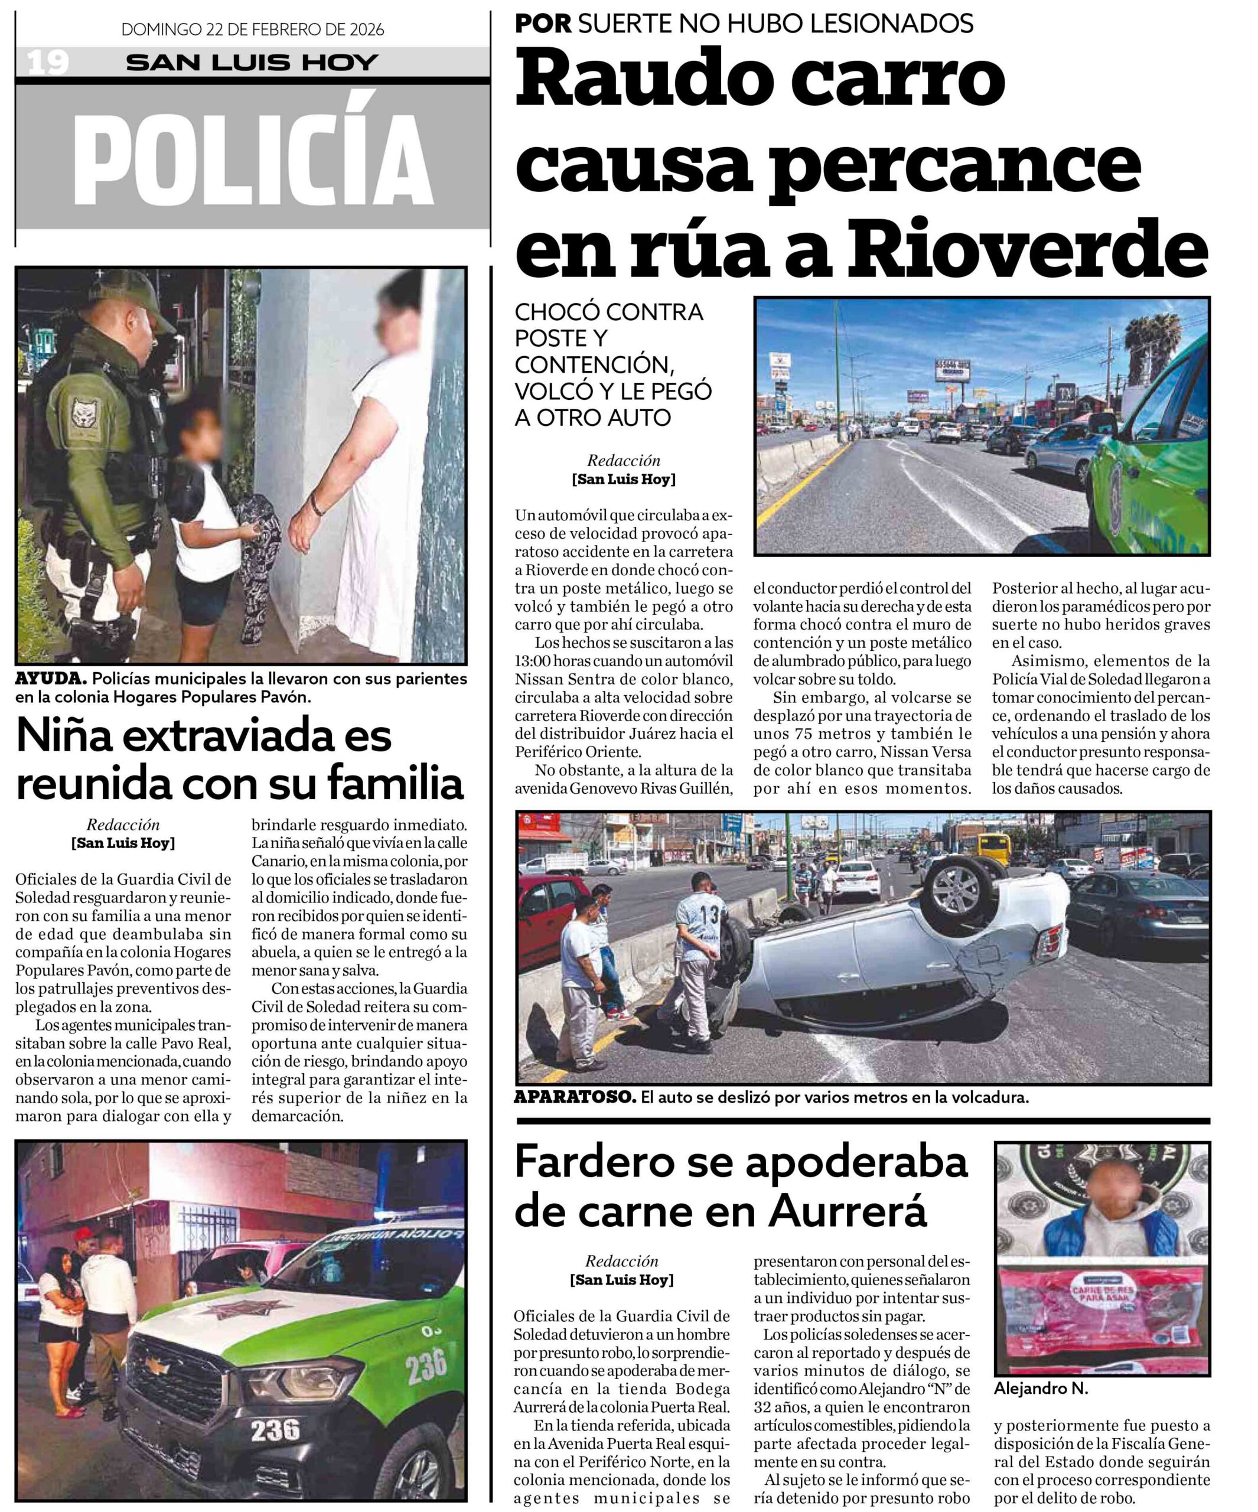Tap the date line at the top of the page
(x=252, y=30)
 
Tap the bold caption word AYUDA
(x=50, y=678)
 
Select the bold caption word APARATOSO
(x=574, y=1097)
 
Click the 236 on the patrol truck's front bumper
(x=275, y=1430)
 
